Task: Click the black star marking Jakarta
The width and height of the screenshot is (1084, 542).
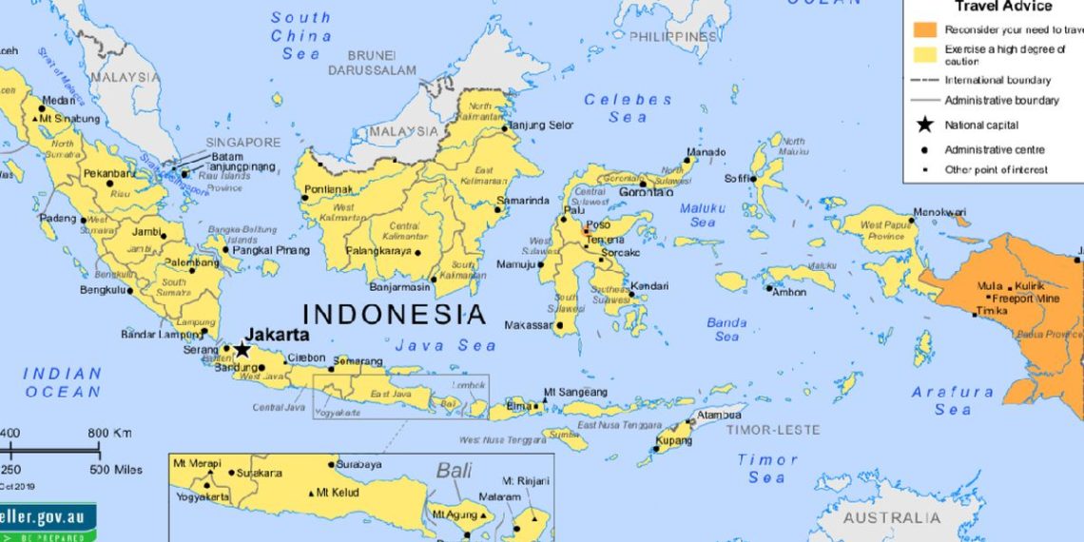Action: pos(242,350)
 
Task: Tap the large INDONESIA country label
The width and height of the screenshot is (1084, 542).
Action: pos(394,314)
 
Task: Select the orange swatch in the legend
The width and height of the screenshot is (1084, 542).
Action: pos(923,29)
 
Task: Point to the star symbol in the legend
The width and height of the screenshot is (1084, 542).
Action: pos(923,125)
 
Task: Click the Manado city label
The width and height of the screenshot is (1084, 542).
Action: pos(706,152)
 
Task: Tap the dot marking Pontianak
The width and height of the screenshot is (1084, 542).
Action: pos(304,199)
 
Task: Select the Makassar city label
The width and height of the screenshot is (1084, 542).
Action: pos(529,325)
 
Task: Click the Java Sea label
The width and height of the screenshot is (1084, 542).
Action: pos(446,345)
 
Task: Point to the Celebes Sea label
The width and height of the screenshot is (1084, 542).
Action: pos(628,107)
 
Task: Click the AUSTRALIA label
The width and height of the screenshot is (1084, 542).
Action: pos(891,518)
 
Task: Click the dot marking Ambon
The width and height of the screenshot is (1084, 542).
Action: pos(769,288)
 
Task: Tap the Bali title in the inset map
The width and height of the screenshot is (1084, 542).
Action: pos(455,470)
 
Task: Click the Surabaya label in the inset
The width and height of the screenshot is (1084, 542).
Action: pos(360,464)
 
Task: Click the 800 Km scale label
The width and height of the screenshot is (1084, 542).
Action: pos(109,434)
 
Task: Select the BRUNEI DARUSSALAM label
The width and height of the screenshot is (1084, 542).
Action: pos(373,63)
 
